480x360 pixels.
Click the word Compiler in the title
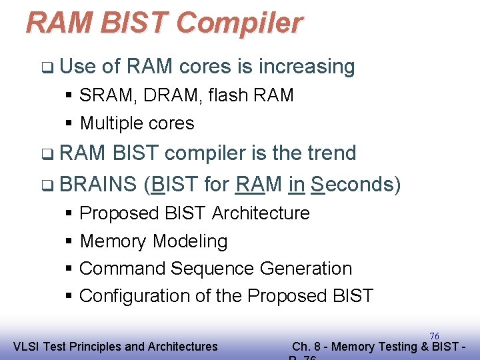click(239, 23)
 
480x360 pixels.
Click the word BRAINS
click(98, 183)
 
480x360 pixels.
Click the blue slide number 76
click(434, 336)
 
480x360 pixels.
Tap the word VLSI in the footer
click(27, 347)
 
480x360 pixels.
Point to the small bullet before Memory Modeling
click(69, 241)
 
